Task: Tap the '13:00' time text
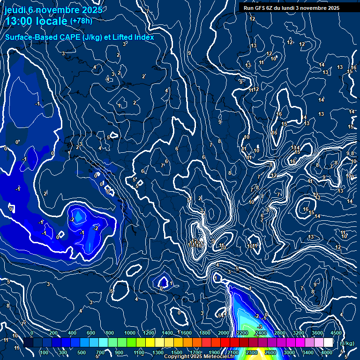(20, 21)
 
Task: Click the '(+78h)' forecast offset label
(81, 21)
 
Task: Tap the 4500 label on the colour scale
(336, 333)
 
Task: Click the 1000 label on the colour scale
(130, 333)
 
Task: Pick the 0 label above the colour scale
(32, 333)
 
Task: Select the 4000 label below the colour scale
(327, 352)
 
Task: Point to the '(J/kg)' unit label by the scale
(347, 343)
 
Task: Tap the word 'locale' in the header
(53, 21)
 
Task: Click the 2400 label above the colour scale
(261, 333)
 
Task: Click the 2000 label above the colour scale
(224, 333)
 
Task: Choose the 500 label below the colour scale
(81, 352)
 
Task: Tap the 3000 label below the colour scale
(289, 352)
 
